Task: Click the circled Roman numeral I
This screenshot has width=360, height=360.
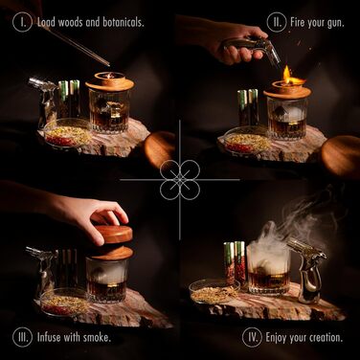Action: point(22,22)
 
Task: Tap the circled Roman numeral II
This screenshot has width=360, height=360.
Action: point(277,22)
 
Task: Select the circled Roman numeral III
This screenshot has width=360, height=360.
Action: point(23,337)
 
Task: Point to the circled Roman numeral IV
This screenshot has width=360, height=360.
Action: point(252,337)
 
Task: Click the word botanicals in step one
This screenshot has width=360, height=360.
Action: point(124,22)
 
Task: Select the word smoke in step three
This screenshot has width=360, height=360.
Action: point(97,337)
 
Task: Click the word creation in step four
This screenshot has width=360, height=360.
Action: point(323,337)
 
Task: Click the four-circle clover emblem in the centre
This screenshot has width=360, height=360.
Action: point(180,180)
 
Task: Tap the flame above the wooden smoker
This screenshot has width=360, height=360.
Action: point(287,74)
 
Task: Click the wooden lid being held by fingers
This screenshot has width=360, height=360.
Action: point(113,234)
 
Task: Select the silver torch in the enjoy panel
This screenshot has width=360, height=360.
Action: point(307,270)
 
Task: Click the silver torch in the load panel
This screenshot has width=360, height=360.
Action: point(43,102)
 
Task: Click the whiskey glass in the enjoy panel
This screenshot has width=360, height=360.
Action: point(268,271)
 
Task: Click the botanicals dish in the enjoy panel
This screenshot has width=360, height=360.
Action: point(214,292)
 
